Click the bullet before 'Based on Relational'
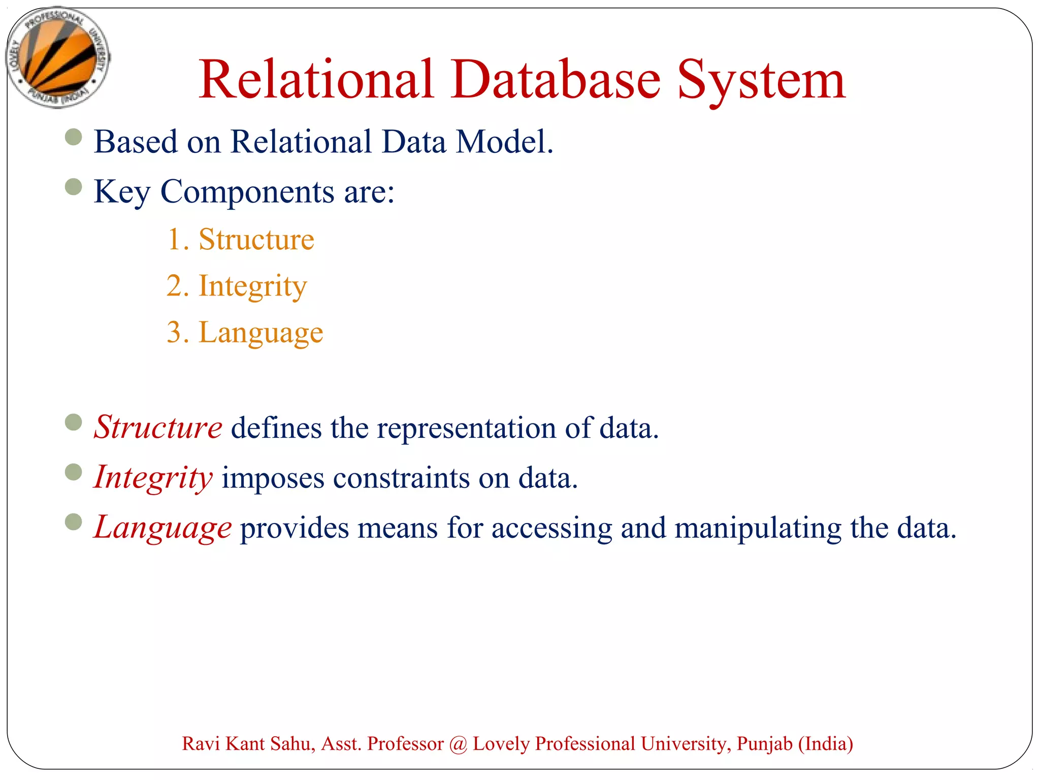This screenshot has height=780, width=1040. click(74, 137)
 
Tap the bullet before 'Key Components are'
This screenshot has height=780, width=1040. click(74, 187)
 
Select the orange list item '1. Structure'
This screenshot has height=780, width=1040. click(241, 239)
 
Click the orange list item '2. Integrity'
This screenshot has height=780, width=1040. click(237, 286)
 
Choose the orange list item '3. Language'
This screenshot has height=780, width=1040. click(245, 333)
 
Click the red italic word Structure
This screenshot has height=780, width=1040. click(158, 428)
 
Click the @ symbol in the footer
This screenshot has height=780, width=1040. click(458, 744)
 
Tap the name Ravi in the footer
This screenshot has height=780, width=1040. click(201, 743)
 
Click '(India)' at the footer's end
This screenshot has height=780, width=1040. click(826, 744)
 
